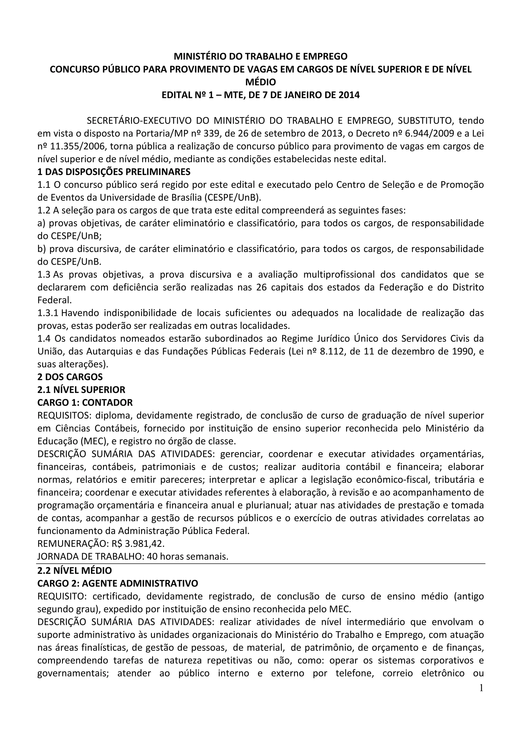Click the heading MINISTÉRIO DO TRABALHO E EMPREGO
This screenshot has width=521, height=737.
[260, 56]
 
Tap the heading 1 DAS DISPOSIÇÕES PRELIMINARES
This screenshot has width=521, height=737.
[114, 172]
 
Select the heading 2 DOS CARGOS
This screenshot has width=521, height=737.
[70, 377]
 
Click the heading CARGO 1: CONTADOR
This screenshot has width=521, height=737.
[85, 402]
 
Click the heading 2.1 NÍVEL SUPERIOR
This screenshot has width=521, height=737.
[81, 389]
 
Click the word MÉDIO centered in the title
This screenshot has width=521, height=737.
[260, 82]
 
